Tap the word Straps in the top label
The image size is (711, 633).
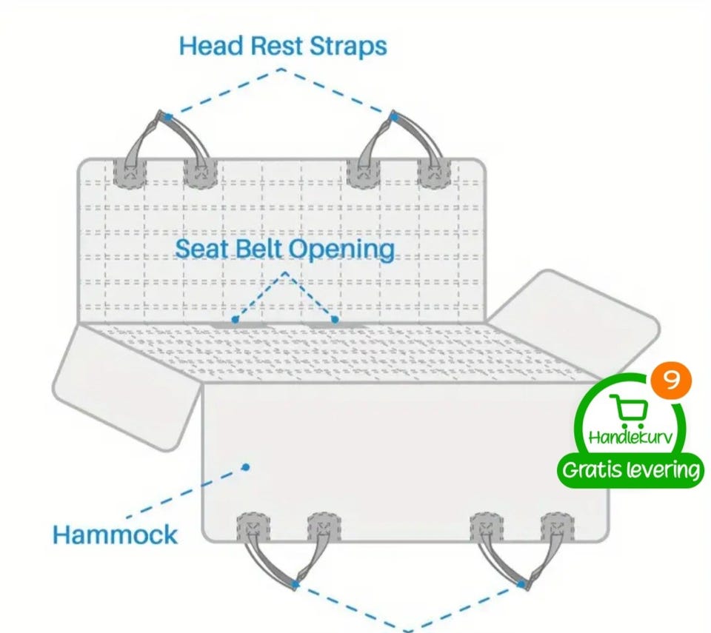348,47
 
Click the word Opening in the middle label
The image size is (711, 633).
341,249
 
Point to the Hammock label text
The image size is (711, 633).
116,535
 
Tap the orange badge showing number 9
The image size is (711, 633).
671,381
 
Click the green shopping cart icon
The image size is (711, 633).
629,412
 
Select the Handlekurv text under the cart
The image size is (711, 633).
630,437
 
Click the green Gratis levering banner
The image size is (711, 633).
631,470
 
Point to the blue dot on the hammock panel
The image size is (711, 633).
246,466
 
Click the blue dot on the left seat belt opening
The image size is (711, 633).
235,320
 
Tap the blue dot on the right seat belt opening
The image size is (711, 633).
335,319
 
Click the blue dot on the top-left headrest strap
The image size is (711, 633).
168,118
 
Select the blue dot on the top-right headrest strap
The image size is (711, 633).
394,118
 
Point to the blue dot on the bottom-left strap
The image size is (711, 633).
296,584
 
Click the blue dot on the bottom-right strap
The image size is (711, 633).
521,584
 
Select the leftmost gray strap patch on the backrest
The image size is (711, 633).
129,173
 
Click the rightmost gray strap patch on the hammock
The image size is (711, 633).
557,527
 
